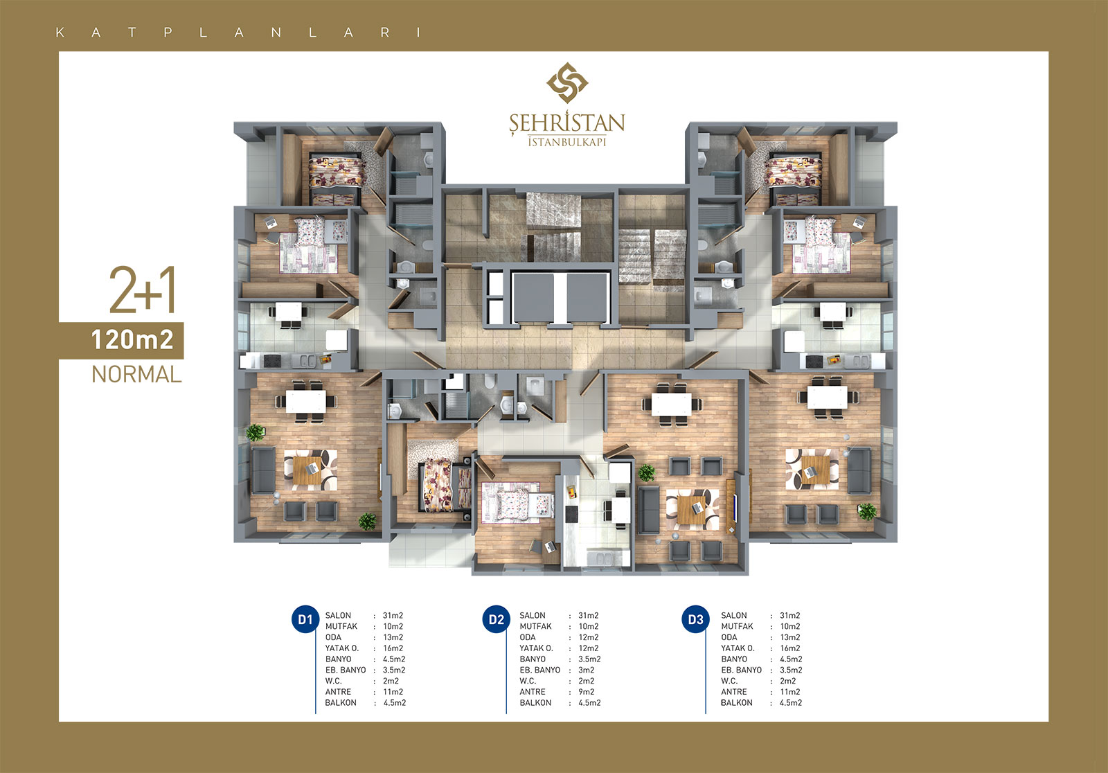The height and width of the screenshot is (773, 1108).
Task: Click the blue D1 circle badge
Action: (305, 619)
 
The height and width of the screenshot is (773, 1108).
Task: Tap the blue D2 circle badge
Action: (496, 619)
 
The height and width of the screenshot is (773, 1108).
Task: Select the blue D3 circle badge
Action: (695, 619)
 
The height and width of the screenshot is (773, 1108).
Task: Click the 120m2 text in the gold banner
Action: (132, 340)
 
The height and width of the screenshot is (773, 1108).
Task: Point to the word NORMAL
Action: (136, 374)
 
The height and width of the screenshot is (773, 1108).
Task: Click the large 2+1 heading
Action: (143, 290)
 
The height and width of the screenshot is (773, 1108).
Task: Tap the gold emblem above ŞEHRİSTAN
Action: (567, 82)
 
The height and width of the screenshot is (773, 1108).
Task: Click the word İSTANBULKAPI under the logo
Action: (567, 141)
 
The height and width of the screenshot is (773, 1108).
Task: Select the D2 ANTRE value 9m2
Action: (587, 692)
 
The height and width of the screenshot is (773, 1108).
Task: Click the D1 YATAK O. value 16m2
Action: (393, 648)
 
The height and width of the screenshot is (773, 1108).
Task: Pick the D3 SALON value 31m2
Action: (790, 616)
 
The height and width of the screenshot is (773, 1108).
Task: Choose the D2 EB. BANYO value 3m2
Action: (587, 670)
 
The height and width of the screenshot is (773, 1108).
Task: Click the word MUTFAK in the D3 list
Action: (737, 627)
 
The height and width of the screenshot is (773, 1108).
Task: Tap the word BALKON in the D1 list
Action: (341, 703)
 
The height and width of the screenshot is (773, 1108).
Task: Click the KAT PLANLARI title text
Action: (238, 33)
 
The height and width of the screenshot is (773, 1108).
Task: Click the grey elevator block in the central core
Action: (560, 299)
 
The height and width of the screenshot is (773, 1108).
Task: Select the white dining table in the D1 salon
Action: (305, 401)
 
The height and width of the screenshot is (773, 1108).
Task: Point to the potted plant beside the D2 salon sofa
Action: (647, 473)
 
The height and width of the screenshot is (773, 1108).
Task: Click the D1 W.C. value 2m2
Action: (391, 681)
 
